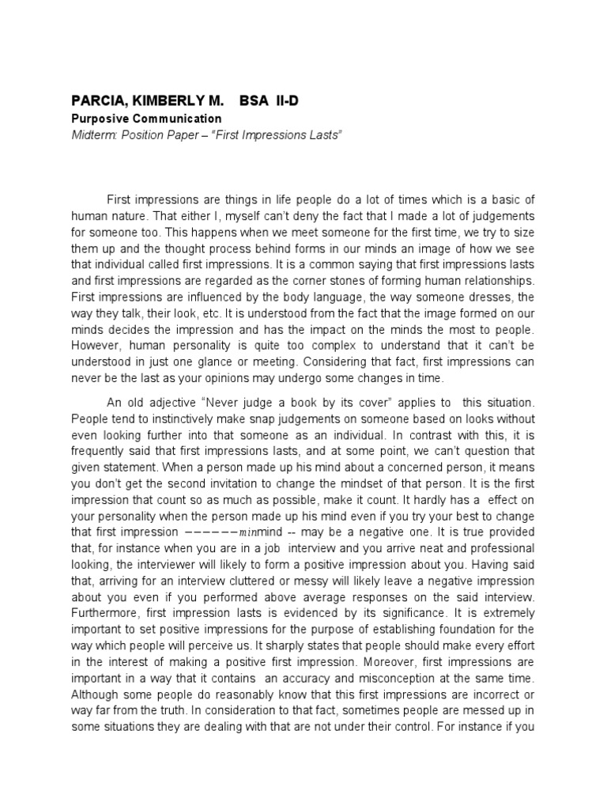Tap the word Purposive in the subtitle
(x=100, y=119)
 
